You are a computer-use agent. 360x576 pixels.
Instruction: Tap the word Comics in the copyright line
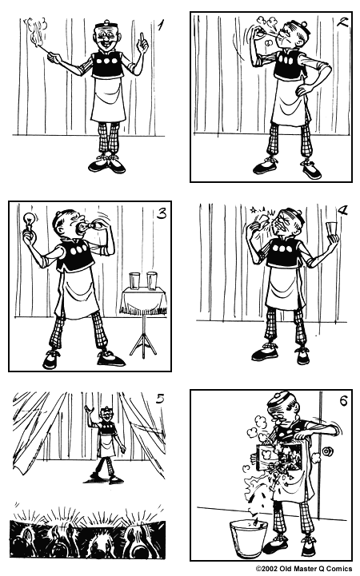339,570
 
